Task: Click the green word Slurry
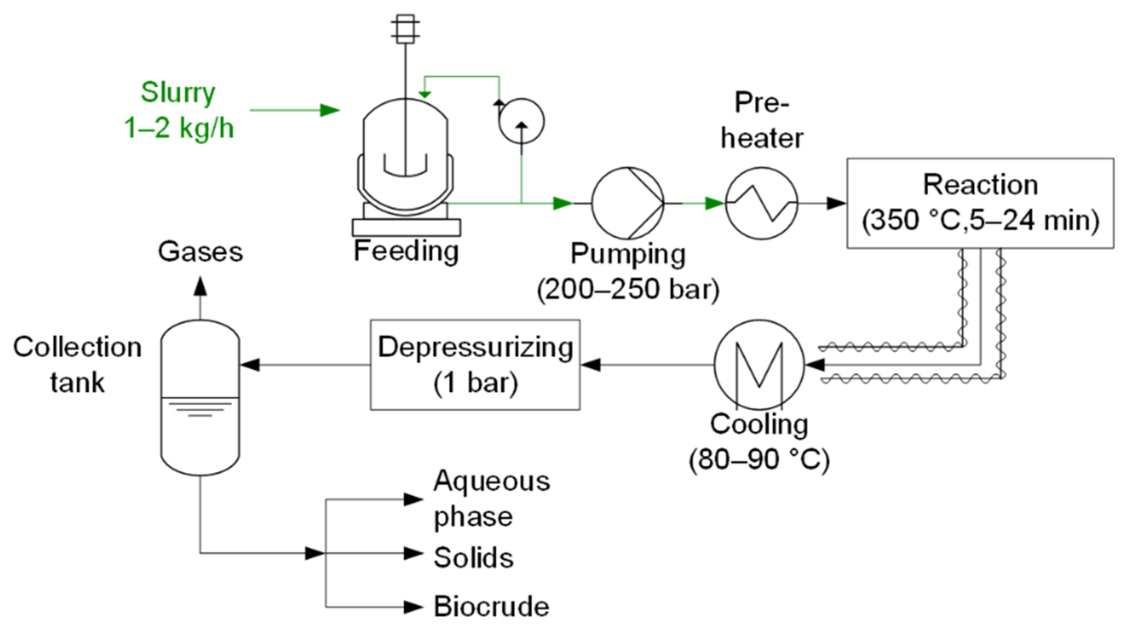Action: (178, 93)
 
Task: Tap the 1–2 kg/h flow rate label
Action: (179, 128)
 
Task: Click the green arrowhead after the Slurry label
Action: (329, 110)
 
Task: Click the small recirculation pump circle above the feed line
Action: (521, 121)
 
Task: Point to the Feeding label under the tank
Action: (406, 251)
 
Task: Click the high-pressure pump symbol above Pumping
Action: (627, 203)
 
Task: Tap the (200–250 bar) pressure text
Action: (627, 289)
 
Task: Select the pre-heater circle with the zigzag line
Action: (761, 203)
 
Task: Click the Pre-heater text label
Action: (761, 120)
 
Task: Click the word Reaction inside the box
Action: (980, 185)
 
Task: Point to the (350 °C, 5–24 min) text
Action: (980, 220)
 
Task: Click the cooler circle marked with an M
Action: (759, 365)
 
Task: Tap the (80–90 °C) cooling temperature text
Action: (759, 459)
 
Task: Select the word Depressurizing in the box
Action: (475, 347)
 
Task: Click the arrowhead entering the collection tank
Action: (250, 365)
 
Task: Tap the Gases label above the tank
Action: (200, 252)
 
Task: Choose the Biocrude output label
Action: (491, 606)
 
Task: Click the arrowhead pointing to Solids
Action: (413, 553)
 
